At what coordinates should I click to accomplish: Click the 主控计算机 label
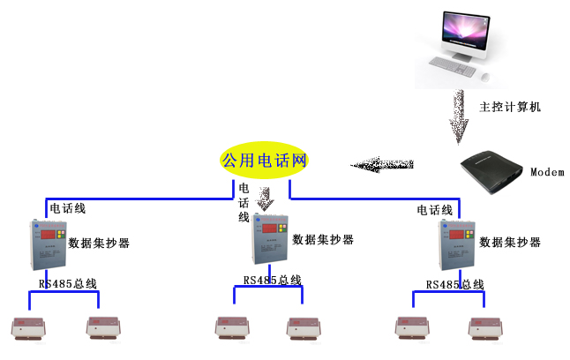click(509, 107)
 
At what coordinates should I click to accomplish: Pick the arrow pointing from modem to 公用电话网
click(382, 164)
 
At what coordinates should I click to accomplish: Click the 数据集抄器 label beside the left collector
click(99, 242)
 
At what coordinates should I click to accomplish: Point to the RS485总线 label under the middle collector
click(272, 281)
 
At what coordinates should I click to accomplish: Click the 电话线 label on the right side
click(434, 210)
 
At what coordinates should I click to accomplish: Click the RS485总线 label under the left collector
click(67, 284)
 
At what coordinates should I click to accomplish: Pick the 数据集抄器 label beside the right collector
click(510, 242)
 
